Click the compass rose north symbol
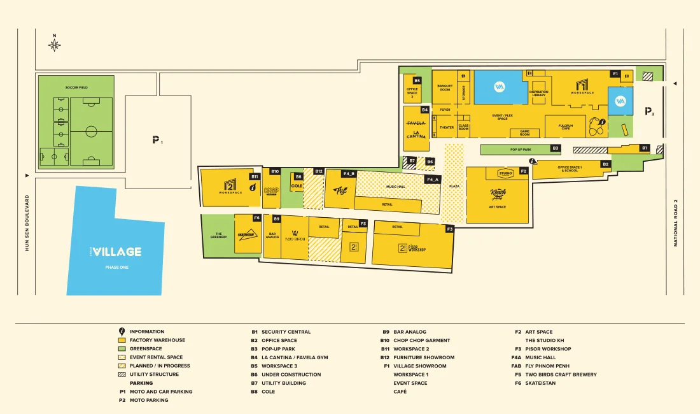[55, 44]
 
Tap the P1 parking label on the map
[157, 139]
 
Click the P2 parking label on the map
[649, 111]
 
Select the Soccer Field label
[76, 87]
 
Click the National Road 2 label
[676, 223]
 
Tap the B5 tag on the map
[417, 81]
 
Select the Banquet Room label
[445, 88]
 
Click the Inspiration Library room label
[538, 93]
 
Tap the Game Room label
[524, 133]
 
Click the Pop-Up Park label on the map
[521, 149]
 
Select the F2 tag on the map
[524, 171]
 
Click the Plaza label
[454, 186]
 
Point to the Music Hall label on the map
[395, 186]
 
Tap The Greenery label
[218, 236]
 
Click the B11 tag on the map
[255, 176]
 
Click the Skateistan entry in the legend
[540, 383]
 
